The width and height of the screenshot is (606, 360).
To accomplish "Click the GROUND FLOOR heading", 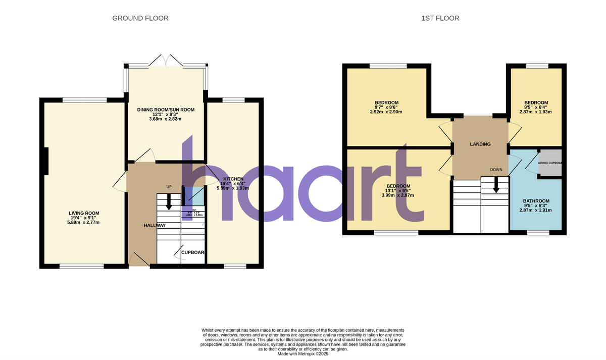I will [x=140, y=18].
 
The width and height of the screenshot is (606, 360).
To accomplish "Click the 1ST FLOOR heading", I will [x=440, y=18].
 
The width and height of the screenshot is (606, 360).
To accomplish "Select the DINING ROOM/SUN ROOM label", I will [x=166, y=110].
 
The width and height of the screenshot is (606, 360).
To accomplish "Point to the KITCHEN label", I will [x=234, y=179].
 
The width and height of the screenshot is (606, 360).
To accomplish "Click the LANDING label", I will [x=480, y=144].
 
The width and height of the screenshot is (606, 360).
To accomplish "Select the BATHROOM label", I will [x=536, y=201].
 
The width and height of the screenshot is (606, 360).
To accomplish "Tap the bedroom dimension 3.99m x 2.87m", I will [x=398, y=195].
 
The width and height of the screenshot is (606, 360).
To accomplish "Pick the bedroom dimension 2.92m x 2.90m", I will [x=386, y=112].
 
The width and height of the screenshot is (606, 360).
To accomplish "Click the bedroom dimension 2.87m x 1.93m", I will [x=536, y=112].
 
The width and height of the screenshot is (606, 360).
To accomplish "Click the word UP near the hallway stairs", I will [x=169, y=187].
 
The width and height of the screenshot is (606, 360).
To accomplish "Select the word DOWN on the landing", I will [x=495, y=170].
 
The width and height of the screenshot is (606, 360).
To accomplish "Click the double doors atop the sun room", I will [x=166, y=60].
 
